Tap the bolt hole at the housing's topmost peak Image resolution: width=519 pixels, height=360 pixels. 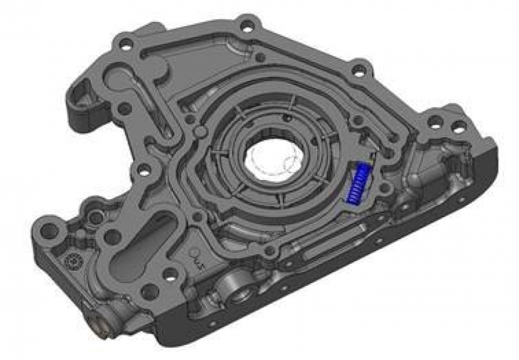pyautogui.click(x=246, y=25)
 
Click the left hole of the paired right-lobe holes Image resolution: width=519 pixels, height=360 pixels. pyautogui.click(x=434, y=121)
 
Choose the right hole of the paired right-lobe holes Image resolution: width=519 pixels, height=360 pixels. pyautogui.click(x=459, y=127)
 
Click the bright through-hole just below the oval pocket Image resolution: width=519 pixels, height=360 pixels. pyautogui.click(x=169, y=276)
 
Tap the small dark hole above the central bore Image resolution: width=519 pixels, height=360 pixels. pyautogui.click(x=288, y=118)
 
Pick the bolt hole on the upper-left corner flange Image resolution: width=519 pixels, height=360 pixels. pyautogui.click(x=126, y=42)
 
